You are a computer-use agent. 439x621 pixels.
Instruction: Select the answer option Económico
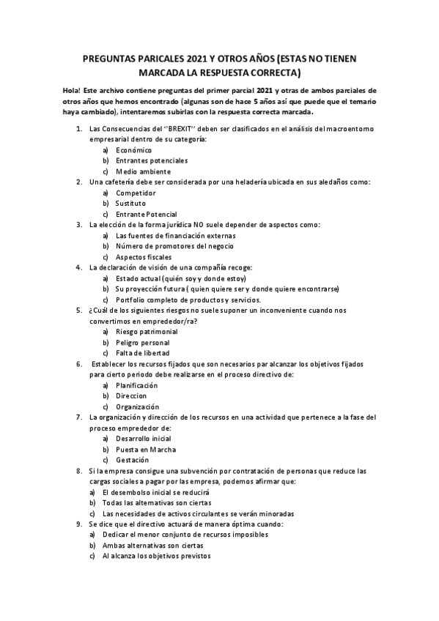pyautogui.click(x=134, y=149)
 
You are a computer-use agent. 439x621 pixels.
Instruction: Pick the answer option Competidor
pyautogui.click(x=136, y=193)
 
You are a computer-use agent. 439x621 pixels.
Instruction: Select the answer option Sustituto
pyautogui.click(x=131, y=203)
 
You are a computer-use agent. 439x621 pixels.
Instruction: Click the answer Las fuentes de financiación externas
pyautogui.click(x=176, y=236)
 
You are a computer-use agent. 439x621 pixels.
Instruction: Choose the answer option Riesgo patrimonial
pyautogui.click(x=147, y=332)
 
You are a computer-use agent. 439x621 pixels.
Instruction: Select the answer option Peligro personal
pyautogui.click(x=143, y=343)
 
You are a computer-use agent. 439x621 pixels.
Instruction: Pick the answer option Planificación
pyautogui.click(x=137, y=385)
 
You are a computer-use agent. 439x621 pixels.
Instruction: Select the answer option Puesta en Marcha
pyautogui.click(x=146, y=449)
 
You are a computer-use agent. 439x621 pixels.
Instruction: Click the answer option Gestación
pyautogui.click(x=133, y=460)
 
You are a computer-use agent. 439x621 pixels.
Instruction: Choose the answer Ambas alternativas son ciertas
pyautogui.click(x=153, y=546)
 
